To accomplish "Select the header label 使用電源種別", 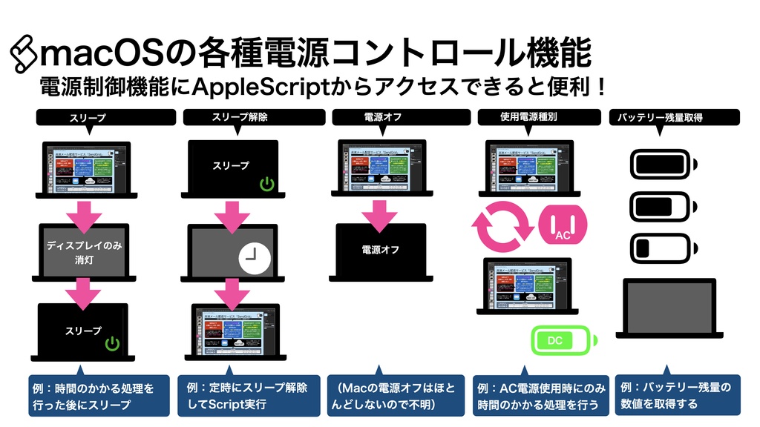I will click(x=528, y=117).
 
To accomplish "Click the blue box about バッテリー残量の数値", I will click(x=676, y=396).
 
